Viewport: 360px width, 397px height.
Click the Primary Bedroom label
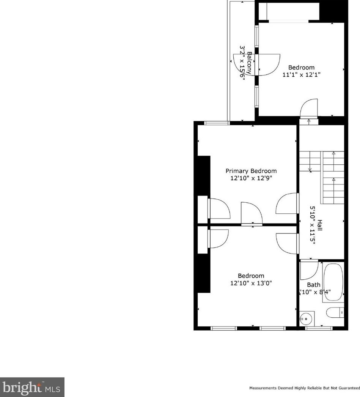click(251, 171)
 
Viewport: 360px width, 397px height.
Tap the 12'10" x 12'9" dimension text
click(251, 178)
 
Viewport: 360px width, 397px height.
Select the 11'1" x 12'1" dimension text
click(302, 75)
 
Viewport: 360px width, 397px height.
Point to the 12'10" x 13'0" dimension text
click(251, 283)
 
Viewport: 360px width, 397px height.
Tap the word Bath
click(314, 285)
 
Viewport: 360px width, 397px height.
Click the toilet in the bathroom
click(335, 312)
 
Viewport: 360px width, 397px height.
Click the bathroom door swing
click(308, 270)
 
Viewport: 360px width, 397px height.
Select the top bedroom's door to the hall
click(309, 109)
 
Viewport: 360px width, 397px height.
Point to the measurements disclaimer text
click(304, 388)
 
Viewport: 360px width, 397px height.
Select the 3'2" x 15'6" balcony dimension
click(242, 63)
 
